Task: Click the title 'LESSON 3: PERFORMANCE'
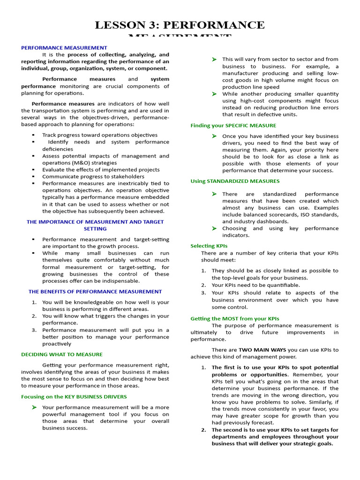tap(180, 25)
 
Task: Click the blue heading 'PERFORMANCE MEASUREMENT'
tap(64, 48)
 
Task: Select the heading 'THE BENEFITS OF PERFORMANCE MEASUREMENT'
tap(95, 292)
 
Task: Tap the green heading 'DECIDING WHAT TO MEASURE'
tap(62, 354)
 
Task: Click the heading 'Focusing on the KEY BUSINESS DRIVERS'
tap(74, 397)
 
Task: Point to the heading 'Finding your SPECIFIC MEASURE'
tap(233, 126)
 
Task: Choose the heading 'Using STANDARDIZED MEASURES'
tap(235, 181)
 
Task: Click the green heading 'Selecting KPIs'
tap(209, 246)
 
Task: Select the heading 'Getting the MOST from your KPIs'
tap(234, 319)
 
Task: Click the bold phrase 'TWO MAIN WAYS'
tap(262, 350)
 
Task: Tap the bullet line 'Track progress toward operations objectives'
tap(100, 135)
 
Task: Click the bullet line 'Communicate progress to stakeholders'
tap(93, 177)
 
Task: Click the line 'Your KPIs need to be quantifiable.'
tap(256, 285)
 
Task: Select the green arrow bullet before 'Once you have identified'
tap(214, 136)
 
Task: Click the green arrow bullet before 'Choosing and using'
tap(214, 228)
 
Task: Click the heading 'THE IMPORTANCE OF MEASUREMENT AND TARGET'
tap(95, 222)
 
